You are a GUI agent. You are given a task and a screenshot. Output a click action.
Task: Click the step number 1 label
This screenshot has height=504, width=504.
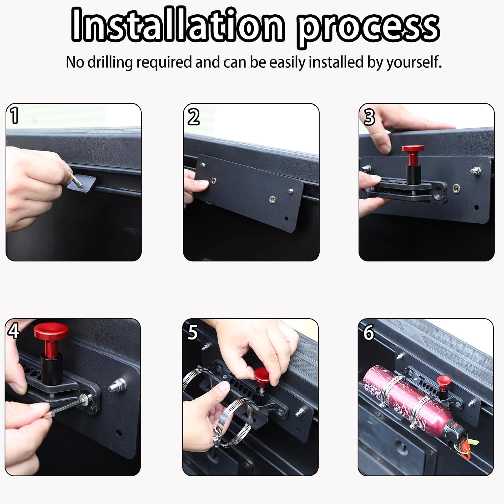point(14,116)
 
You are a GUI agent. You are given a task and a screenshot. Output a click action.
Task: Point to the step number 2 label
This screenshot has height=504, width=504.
point(193,117)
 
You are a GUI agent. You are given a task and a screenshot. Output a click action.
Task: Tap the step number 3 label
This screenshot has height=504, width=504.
point(369,117)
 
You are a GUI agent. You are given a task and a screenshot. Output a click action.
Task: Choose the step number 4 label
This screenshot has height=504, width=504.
point(13,331)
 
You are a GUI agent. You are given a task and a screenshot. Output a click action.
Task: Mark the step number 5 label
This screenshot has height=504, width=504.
point(193,332)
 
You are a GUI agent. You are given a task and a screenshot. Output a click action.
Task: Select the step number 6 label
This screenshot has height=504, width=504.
point(368,332)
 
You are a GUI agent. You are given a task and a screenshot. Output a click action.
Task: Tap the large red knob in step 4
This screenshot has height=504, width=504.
point(50,332)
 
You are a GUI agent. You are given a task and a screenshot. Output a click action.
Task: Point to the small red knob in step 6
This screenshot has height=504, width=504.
point(444,381)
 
